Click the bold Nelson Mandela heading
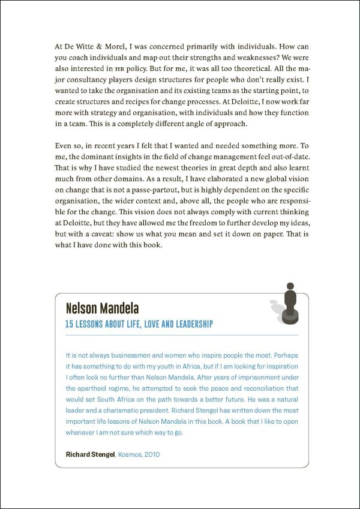point(102,309)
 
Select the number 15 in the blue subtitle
point(70,324)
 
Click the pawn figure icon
point(290,304)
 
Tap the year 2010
point(152,454)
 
